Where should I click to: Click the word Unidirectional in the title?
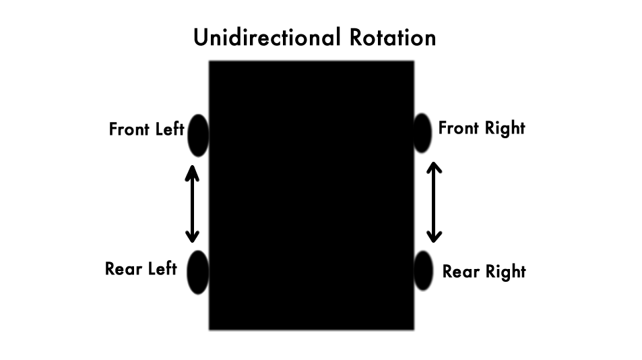pyautogui.click(x=267, y=37)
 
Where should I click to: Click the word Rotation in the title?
pyautogui.click(x=393, y=37)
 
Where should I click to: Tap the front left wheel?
pyautogui.click(x=199, y=136)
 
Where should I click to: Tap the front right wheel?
pyautogui.click(x=422, y=133)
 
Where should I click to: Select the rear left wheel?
pyautogui.click(x=198, y=272)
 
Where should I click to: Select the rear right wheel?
pyautogui.click(x=423, y=271)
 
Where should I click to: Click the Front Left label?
pyautogui.click(x=147, y=129)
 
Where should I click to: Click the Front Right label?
pyautogui.click(x=482, y=128)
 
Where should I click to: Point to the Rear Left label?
pyautogui.click(x=141, y=269)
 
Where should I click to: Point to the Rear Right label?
pyautogui.click(x=484, y=272)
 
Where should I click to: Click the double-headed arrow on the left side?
pyautogui.click(x=192, y=204)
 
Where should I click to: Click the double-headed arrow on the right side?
pyautogui.click(x=434, y=202)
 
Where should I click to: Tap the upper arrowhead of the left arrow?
pyautogui.click(x=192, y=172)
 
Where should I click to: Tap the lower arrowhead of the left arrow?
pyautogui.click(x=192, y=237)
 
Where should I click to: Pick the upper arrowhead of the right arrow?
pyautogui.click(x=434, y=169)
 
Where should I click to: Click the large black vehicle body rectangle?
pyautogui.click(x=312, y=196)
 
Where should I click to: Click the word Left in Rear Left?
pyautogui.click(x=162, y=269)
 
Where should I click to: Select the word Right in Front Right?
pyautogui.click(x=505, y=128)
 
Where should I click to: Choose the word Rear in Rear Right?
pyautogui.click(x=461, y=272)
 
